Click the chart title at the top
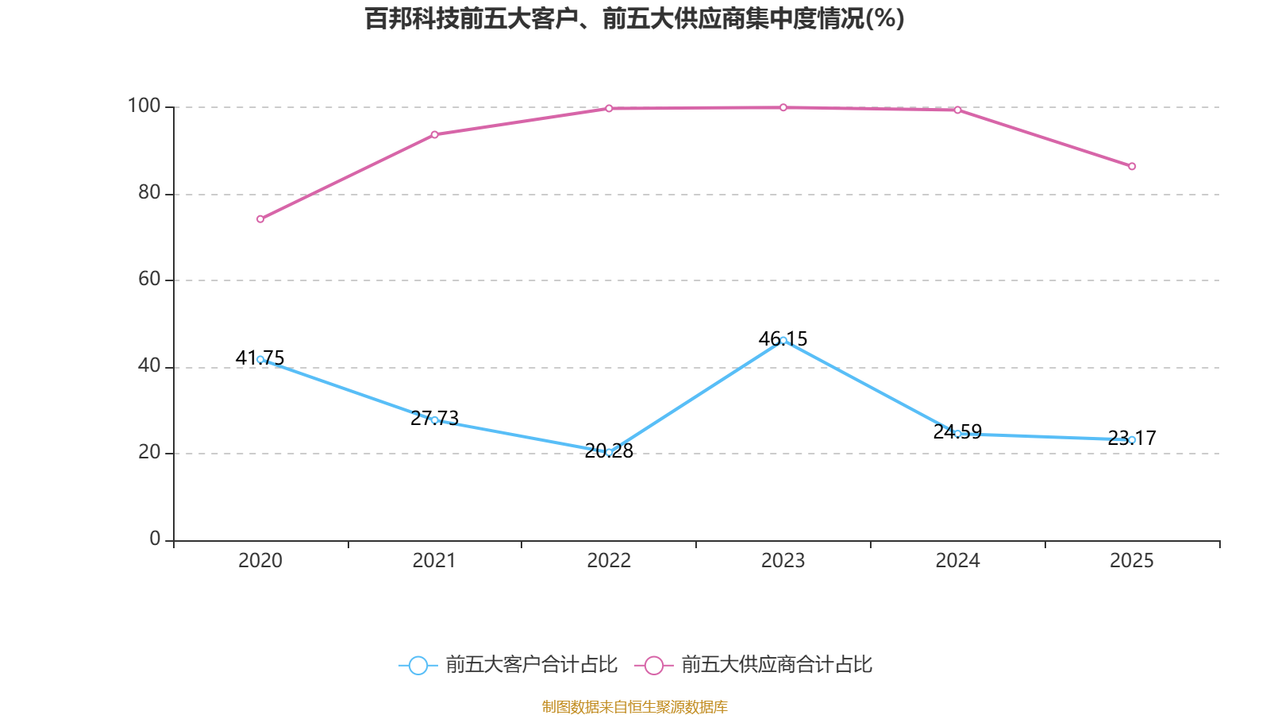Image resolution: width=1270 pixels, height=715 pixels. coord(634,18)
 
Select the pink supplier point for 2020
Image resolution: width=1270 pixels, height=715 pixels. coord(260,219)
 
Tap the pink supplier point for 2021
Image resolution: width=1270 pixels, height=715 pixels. coord(434,134)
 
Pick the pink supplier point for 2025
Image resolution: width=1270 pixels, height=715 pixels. coord(1132,166)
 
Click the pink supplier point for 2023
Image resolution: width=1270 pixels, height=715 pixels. coord(783,107)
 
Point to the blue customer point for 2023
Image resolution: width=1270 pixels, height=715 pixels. coord(783,340)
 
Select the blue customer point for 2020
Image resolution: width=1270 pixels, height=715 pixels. coord(260,359)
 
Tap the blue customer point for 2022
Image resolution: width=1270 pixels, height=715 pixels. coord(609,452)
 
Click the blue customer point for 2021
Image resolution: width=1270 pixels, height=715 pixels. coord(434,419)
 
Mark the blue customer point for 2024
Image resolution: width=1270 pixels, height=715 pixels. coord(957,434)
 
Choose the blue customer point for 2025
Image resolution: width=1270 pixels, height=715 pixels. coord(1132,439)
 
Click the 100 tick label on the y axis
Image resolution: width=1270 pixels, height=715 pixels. coord(144,106)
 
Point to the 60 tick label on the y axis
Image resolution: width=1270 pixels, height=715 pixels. coord(149,279)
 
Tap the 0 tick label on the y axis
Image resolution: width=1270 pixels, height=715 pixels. coord(155,539)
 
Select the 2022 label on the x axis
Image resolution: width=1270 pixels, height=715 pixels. coord(609,561)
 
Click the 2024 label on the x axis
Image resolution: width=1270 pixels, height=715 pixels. coord(957,561)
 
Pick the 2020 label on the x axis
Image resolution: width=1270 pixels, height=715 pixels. coord(260,561)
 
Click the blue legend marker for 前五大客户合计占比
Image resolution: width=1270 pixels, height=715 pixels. coord(418,665)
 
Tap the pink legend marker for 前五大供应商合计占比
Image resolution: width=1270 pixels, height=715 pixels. coord(653,665)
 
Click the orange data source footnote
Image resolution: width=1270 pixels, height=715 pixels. coord(634,706)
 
